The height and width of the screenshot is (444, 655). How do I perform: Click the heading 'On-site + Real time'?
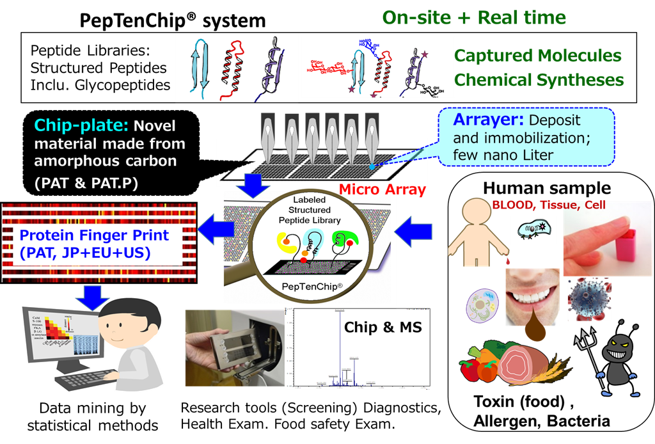pyautogui.click(x=474, y=17)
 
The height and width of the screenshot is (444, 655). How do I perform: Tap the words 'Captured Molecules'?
pyautogui.click(x=538, y=56)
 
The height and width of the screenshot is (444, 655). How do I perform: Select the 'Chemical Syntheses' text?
pyautogui.click(x=539, y=80)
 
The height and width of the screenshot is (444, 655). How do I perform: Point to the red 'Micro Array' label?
pyautogui.click(x=382, y=189)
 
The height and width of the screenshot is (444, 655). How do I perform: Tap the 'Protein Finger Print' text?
pyautogui.click(x=94, y=235)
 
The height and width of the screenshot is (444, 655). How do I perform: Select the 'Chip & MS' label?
pyautogui.click(x=383, y=328)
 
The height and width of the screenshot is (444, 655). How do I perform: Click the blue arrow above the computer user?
pyautogui.click(x=94, y=296)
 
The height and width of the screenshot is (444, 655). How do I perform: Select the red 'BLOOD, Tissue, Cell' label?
pyautogui.click(x=548, y=205)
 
